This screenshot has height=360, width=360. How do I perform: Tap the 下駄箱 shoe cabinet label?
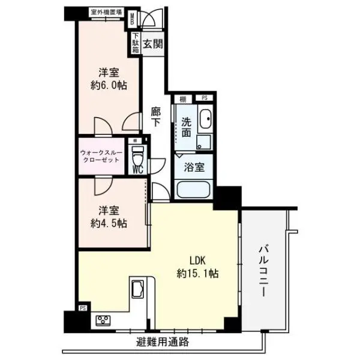coord(136,43)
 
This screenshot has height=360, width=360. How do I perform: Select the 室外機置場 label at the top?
coord(106,11)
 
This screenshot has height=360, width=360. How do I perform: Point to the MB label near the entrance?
coord(134,18)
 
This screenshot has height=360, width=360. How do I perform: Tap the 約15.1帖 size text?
coord(197,274)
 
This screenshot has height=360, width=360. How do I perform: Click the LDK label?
coord(197,261)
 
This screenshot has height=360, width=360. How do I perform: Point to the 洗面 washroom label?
coord(186,127)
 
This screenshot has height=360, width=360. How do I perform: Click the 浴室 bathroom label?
coord(193,168)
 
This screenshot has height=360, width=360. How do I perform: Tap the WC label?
coord(137,169)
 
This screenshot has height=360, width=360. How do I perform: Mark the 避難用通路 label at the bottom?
coord(162,343)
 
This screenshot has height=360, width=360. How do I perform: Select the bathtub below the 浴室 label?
coord(193,191)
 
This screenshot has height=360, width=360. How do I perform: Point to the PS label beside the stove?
coord(82,310)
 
